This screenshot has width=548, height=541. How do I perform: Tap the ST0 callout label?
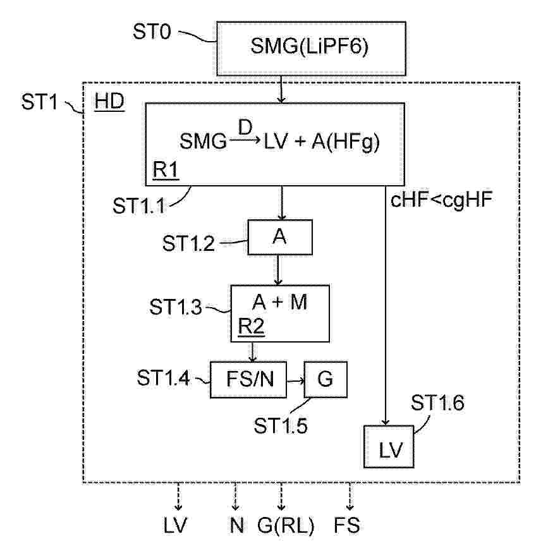152,32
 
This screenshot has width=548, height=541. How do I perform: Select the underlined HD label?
109,102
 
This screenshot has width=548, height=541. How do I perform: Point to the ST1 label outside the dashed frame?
39,102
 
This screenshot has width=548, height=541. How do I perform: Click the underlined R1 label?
166,171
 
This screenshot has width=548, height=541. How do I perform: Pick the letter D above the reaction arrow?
245,127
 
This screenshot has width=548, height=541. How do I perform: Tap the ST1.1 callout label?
139,205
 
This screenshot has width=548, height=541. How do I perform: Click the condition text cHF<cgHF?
441,200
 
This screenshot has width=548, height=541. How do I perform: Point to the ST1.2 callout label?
188,243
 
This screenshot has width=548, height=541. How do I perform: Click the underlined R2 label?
251,327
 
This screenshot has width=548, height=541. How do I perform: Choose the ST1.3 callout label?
176,307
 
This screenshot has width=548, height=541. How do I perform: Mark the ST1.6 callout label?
437,403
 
